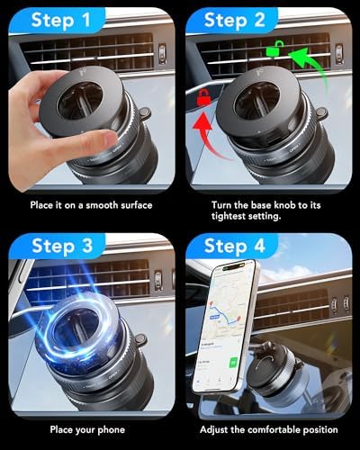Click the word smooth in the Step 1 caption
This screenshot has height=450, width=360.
click(100, 205)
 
